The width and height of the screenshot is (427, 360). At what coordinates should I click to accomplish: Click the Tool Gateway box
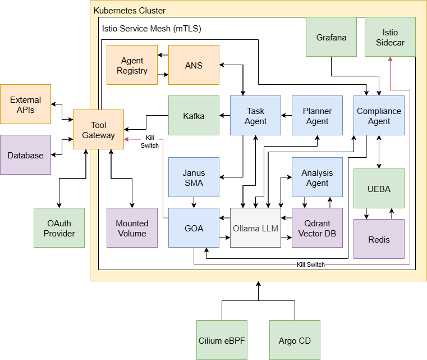tap(98, 129)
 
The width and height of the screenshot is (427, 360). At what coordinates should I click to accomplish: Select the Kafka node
tap(194, 116)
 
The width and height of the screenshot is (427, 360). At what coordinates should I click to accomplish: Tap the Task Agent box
tap(255, 116)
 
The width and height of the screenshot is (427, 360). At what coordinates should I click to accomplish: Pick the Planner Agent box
tap(317, 116)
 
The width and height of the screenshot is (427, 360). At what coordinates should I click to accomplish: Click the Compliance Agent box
tap(379, 116)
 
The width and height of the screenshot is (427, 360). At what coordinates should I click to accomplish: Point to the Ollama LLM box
tap(255, 228)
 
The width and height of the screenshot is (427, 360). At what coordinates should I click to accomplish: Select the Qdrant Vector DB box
tap(317, 228)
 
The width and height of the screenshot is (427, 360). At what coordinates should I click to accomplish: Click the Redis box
tap(379, 239)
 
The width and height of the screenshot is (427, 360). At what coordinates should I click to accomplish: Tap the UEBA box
tap(379, 189)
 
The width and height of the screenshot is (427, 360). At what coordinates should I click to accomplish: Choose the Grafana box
tap(331, 37)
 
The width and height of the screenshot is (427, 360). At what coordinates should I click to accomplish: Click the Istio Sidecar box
tap(390, 37)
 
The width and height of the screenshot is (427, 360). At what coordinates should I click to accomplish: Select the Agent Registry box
tap(132, 65)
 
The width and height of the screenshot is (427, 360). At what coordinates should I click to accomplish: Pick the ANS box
tap(194, 65)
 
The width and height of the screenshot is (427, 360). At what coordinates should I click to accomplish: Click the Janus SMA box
tap(194, 177)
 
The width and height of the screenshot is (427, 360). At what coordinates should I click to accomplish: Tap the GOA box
tap(194, 228)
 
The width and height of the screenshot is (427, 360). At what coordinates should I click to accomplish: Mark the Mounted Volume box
tap(132, 228)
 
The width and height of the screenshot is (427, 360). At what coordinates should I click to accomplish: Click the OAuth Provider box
tap(59, 228)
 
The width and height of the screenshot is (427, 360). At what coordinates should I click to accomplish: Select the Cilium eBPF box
tap(222, 340)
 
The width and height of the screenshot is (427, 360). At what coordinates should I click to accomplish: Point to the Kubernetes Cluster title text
tap(130, 11)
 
